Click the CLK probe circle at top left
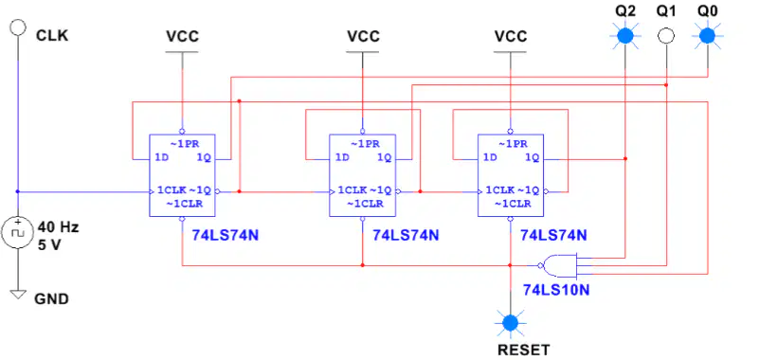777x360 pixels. (18, 27)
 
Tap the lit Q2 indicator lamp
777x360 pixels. (625, 36)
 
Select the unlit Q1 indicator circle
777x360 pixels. (666, 36)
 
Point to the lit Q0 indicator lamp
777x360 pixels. (707, 36)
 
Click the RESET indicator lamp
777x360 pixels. (510, 323)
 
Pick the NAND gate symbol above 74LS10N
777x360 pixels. (559, 265)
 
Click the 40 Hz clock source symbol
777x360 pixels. (18, 233)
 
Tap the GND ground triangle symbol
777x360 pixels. (18, 294)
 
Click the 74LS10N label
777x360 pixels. (557, 290)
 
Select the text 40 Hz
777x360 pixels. (59, 227)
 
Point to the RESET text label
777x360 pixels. (524, 351)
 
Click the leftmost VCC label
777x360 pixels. (182, 36)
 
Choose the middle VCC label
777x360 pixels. (363, 36)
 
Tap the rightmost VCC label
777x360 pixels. (511, 36)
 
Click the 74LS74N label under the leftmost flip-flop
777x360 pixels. (226, 235)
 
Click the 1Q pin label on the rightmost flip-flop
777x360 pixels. (533, 158)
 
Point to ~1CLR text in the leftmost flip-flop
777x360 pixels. (184, 203)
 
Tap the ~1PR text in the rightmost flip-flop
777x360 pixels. (513, 144)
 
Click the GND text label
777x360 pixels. (51, 299)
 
